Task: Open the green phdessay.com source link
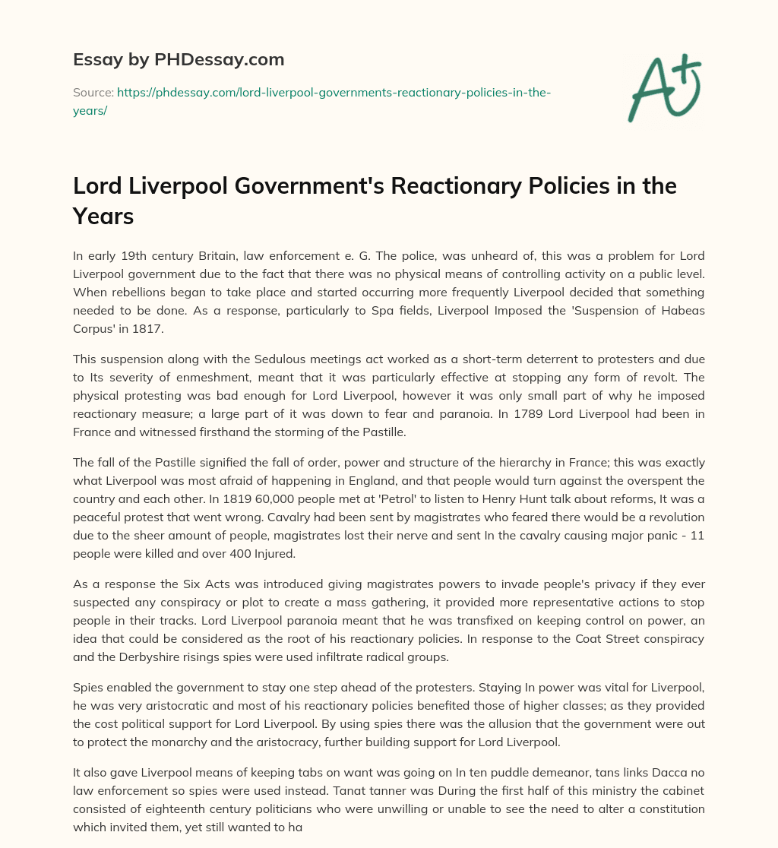[334, 92]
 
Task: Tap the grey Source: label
[92, 92]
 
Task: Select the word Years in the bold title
[103, 217]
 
